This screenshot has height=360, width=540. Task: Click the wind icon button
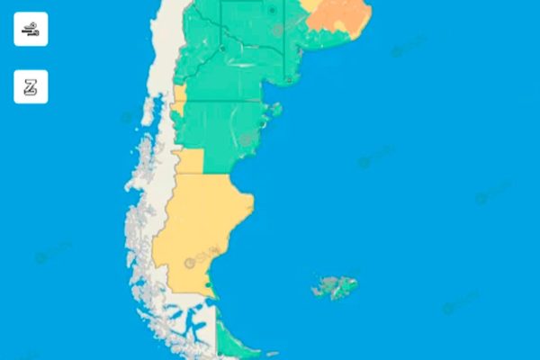click(x=31, y=29)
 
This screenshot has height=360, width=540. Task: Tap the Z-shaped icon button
click(x=31, y=87)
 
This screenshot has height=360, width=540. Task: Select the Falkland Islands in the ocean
click(x=334, y=286)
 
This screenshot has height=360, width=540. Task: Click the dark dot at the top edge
click(x=272, y=10)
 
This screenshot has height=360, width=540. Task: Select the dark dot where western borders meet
click(x=222, y=49)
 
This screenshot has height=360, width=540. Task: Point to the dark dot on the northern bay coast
click(x=289, y=79)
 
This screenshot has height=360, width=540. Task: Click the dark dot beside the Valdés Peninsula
click(x=246, y=139)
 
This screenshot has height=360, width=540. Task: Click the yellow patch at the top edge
click(x=310, y=4)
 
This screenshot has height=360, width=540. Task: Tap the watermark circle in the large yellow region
click(x=190, y=263)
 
